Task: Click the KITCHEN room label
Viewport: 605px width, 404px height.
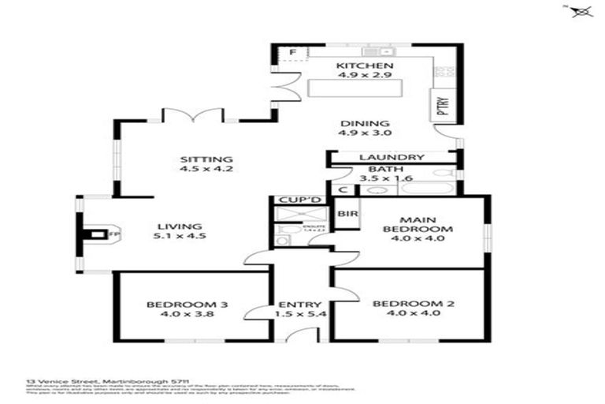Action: click(361, 65)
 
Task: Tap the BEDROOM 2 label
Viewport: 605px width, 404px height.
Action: click(407, 303)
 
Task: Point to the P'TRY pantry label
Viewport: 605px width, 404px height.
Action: click(442, 104)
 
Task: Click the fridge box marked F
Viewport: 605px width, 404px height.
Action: click(292, 53)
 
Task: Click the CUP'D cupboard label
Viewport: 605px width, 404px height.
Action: click(296, 200)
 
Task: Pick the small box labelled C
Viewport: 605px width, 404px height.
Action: click(343, 190)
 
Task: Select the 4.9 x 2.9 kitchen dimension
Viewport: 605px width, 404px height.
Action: click(361, 77)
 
